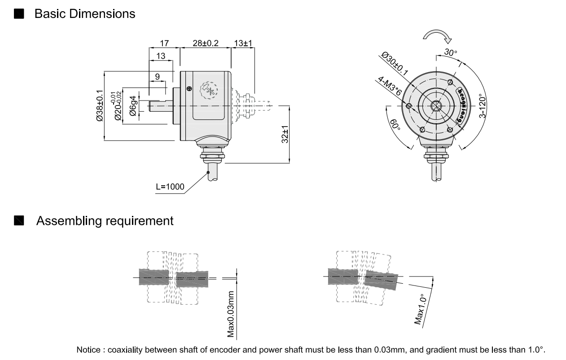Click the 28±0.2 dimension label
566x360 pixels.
[x=205, y=43]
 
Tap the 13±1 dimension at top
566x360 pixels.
[x=243, y=43]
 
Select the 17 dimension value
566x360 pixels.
[x=164, y=43]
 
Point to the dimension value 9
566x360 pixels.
[x=157, y=76]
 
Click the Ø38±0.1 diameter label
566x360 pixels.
[x=100, y=106]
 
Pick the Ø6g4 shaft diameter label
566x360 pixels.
[x=133, y=106]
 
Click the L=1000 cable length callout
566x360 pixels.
[x=170, y=187]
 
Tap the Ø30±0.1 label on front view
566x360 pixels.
[x=395, y=63]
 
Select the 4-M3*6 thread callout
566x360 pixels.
[x=389, y=85]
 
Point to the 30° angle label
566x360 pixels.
[x=450, y=53]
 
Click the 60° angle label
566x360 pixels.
[x=395, y=125]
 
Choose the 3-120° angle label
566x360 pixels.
[x=482, y=105]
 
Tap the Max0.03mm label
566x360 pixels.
[x=231, y=313]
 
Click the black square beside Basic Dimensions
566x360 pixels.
[x=19, y=14]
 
